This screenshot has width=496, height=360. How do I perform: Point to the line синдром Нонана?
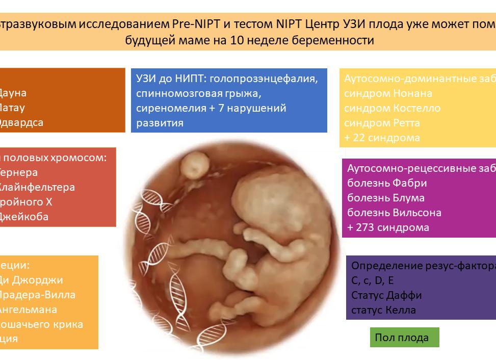pyautogui.click(x=388, y=93)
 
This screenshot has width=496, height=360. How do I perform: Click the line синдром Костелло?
pyautogui.click(x=392, y=108)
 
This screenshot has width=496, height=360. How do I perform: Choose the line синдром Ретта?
pyautogui.click(x=382, y=123)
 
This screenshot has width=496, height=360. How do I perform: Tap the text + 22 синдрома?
pyautogui.click(x=382, y=138)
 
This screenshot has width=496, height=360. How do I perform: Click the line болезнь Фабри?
pyautogui.click(x=386, y=183)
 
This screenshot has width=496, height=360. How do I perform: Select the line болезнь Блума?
pyautogui.click(x=385, y=198)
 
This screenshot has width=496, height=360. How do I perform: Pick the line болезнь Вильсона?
pyautogui.click(x=394, y=213)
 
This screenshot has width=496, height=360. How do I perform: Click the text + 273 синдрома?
pyautogui.click(x=388, y=227)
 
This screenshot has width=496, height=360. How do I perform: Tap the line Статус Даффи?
pyautogui.click(x=386, y=295)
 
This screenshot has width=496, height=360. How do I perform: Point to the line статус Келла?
pyautogui.click(x=383, y=310)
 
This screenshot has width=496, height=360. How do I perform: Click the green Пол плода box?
pyautogui.click(x=404, y=338)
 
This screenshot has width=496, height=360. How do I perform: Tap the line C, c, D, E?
pyautogui.click(x=372, y=280)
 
